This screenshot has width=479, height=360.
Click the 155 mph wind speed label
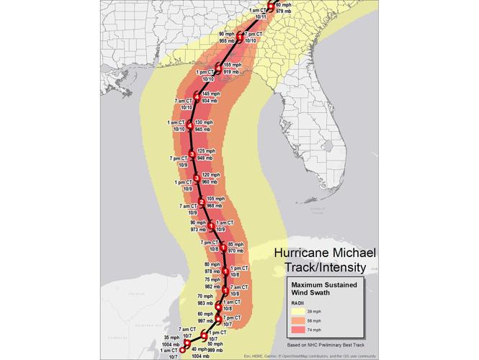click(233, 65)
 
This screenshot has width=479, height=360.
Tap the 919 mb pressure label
click(232, 72)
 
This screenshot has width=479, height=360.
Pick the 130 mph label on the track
click(205, 122)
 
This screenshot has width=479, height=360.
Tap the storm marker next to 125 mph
click(192, 153)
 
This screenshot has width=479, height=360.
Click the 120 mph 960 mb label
click(211, 179)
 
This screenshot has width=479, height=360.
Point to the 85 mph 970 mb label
click(236, 248)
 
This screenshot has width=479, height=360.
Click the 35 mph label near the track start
click(171, 337)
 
